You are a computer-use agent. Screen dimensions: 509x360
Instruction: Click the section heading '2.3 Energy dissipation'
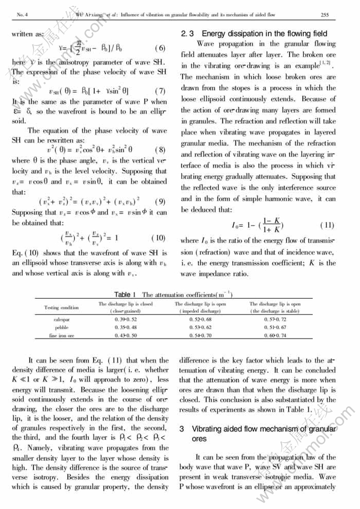(254, 33)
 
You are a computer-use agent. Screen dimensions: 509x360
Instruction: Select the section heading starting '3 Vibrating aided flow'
(264, 433)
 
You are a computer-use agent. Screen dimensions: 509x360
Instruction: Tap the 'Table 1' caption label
(125, 294)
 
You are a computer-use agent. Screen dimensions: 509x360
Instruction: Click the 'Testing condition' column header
(61, 307)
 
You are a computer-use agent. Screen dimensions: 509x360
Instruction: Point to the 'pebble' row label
(61, 328)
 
